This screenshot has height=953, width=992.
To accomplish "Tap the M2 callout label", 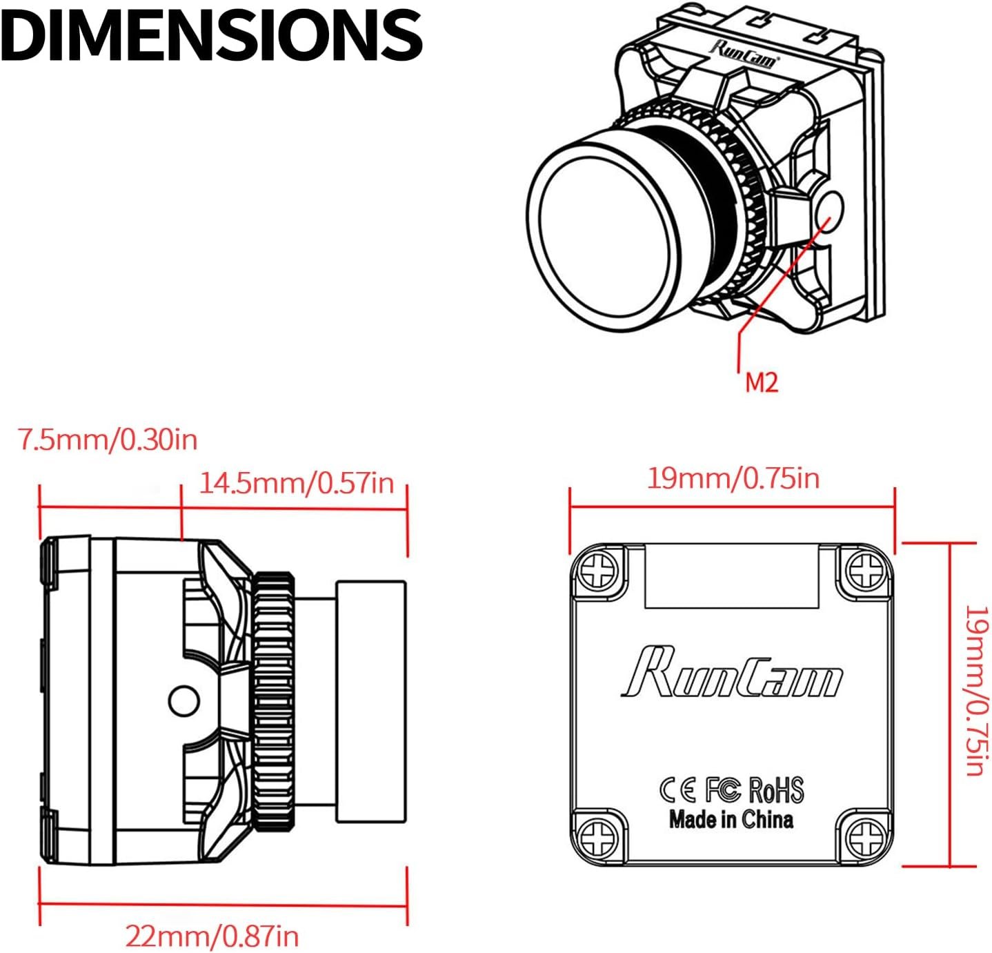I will pos(761,382).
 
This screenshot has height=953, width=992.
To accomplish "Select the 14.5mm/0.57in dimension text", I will pos(297,483).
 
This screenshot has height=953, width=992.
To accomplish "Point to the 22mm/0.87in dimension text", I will pos(212,936).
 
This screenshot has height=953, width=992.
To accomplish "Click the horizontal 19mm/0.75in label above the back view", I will pos(733,478).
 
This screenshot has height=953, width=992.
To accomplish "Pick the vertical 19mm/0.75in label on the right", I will pos(975,690).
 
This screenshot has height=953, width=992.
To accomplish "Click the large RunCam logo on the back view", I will pos(731,673).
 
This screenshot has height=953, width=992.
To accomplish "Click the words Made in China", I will pos(731,820).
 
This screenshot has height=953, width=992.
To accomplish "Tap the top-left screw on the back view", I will pos(598,570).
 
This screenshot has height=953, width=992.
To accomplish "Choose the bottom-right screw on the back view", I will pos(865,837).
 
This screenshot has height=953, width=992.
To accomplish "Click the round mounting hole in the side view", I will pos(184,700).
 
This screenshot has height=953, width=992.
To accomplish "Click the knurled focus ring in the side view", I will pos(275,700).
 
